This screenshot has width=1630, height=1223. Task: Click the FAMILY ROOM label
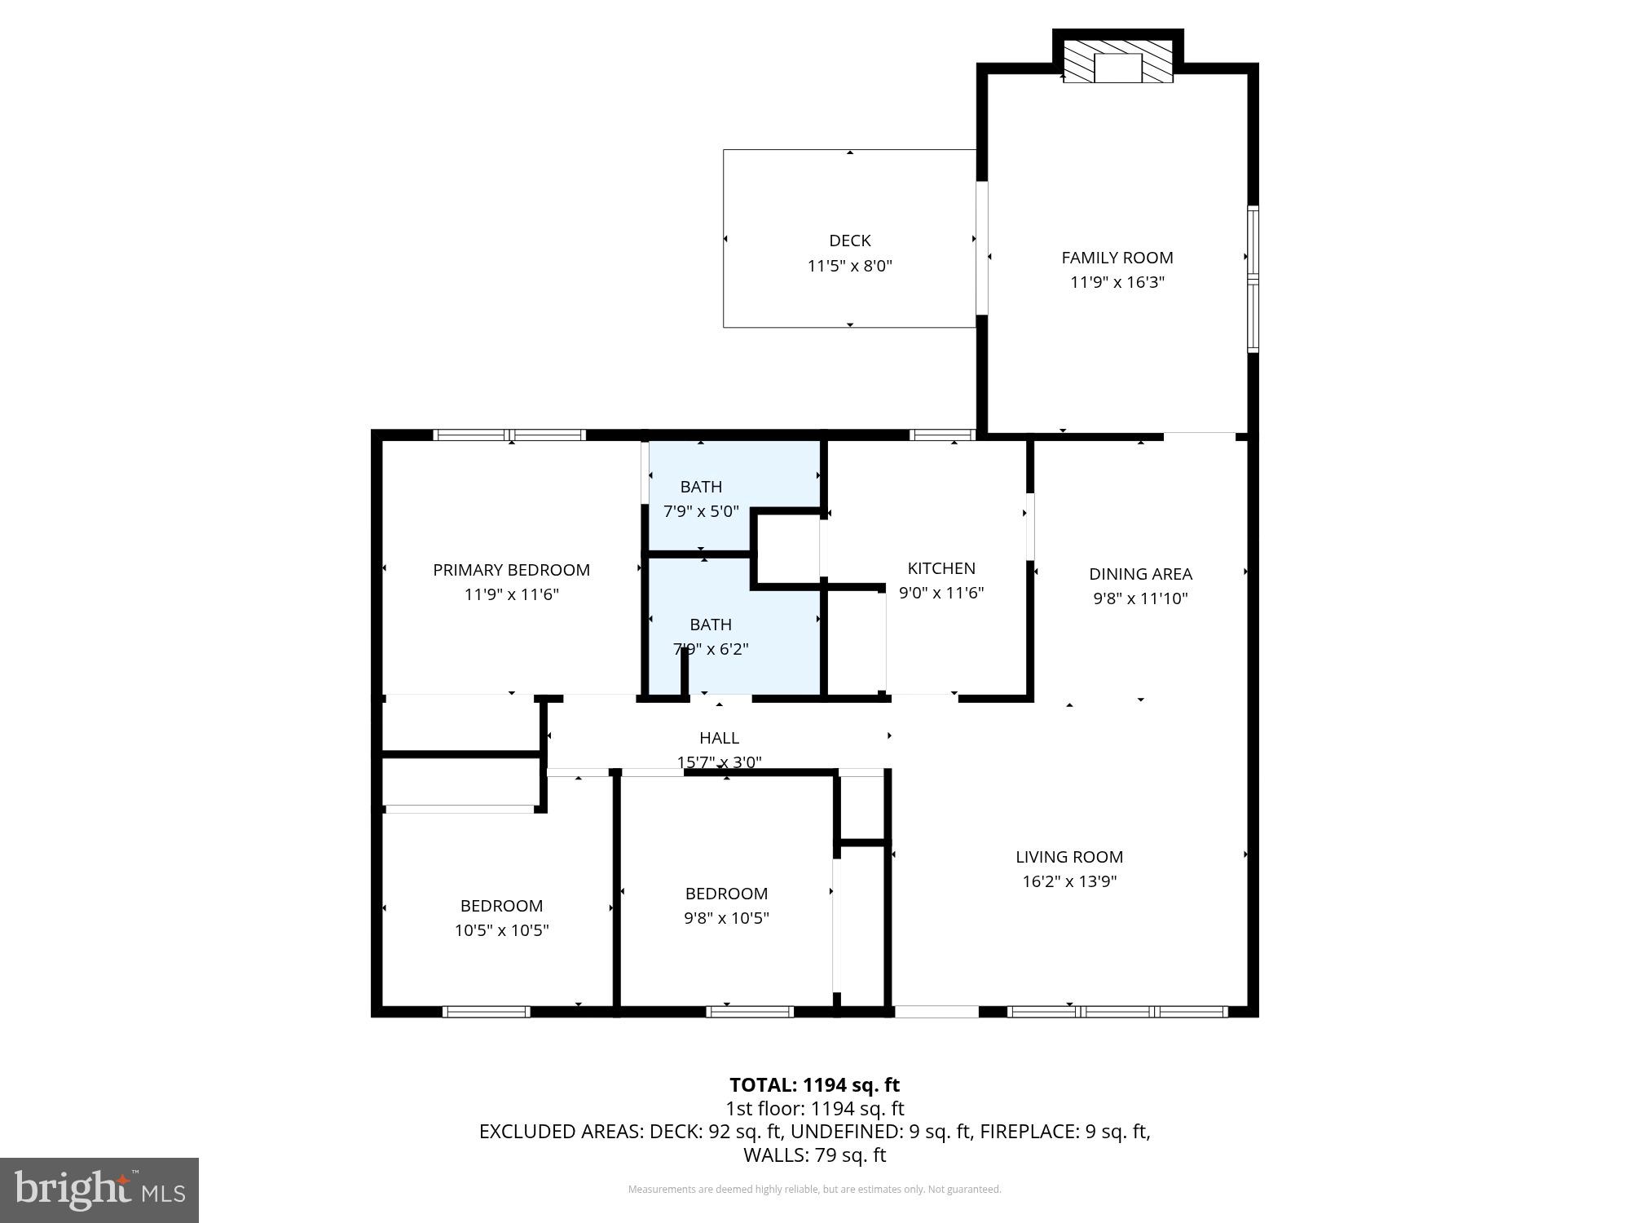(x=1117, y=258)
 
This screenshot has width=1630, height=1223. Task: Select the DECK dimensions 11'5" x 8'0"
(x=849, y=266)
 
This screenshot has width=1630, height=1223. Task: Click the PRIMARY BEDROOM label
(x=511, y=570)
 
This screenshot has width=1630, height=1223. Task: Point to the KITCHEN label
(x=941, y=568)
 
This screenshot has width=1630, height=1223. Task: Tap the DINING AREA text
(x=1139, y=574)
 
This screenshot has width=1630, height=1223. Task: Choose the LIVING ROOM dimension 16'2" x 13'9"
(x=1068, y=881)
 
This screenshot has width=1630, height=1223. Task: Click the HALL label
(x=719, y=738)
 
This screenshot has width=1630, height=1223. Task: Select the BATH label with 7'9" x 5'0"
(x=700, y=487)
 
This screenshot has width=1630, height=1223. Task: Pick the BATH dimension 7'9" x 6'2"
(x=710, y=649)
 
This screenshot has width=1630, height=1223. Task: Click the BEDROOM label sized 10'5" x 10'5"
(x=501, y=906)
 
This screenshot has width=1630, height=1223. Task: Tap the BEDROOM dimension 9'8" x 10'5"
(x=725, y=918)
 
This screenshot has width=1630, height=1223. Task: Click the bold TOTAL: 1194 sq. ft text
(x=814, y=1085)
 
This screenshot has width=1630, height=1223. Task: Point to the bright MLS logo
(x=99, y=1190)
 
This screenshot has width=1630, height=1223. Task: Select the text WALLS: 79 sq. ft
(x=814, y=1155)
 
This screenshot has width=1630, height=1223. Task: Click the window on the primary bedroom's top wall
(x=509, y=435)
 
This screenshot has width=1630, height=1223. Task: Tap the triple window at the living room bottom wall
(x=1117, y=1012)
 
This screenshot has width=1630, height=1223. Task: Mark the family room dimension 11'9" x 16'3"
(x=1117, y=283)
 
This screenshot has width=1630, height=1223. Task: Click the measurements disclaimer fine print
(x=814, y=1190)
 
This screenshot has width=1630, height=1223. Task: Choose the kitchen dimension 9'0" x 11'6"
(x=941, y=593)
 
